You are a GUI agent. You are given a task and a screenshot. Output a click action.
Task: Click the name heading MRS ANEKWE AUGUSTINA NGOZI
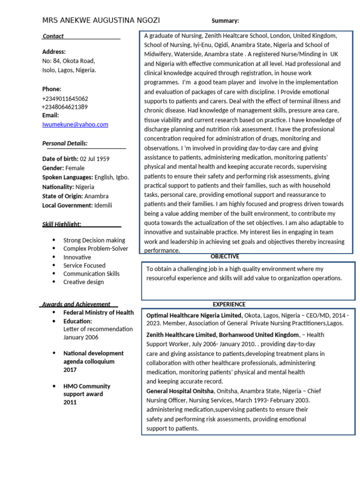pyautogui.click(x=101, y=21)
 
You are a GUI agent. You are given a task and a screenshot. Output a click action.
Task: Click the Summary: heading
pyautogui.click(x=225, y=21)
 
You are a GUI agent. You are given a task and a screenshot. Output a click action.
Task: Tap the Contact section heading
pyautogui.click(x=53, y=36)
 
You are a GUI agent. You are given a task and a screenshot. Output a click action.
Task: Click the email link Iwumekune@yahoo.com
pyautogui.click(x=75, y=124)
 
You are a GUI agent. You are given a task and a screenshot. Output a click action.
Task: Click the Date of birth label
pyautogui.click(x=60, y=159)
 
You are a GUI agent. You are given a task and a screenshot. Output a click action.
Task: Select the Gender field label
pyautogui.click(x=53, y=168)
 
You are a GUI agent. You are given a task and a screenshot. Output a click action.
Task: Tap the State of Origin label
pyautogui.click(x=62, y=196)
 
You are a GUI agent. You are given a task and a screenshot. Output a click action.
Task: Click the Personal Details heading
pyautogui.click(x=65, y=143)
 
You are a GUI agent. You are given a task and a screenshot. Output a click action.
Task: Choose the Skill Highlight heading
pyautogui.click(x=62, y=224)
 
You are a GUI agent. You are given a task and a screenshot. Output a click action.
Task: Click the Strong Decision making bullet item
pyautogui.click(x=94, y=240)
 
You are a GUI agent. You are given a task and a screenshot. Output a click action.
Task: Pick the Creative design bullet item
pyautogui.click(x=83, y=282)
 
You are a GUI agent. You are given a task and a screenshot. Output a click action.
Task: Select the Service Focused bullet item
pyautogui.click(x=84, y=265)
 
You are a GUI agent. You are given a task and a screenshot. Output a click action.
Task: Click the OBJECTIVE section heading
pyautogui.click(x=225, y=256)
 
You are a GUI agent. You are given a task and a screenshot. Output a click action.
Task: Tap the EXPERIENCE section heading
pyautogui.click(x=229, y=304)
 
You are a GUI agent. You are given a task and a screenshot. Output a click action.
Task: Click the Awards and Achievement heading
pyautogui.click(x=76, y=304)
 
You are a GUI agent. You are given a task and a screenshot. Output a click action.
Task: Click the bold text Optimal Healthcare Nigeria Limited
pyautogui.click(x=195, y=315)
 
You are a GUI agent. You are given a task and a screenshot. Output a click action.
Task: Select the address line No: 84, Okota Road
pyautogui.click(x=68, y=61)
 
